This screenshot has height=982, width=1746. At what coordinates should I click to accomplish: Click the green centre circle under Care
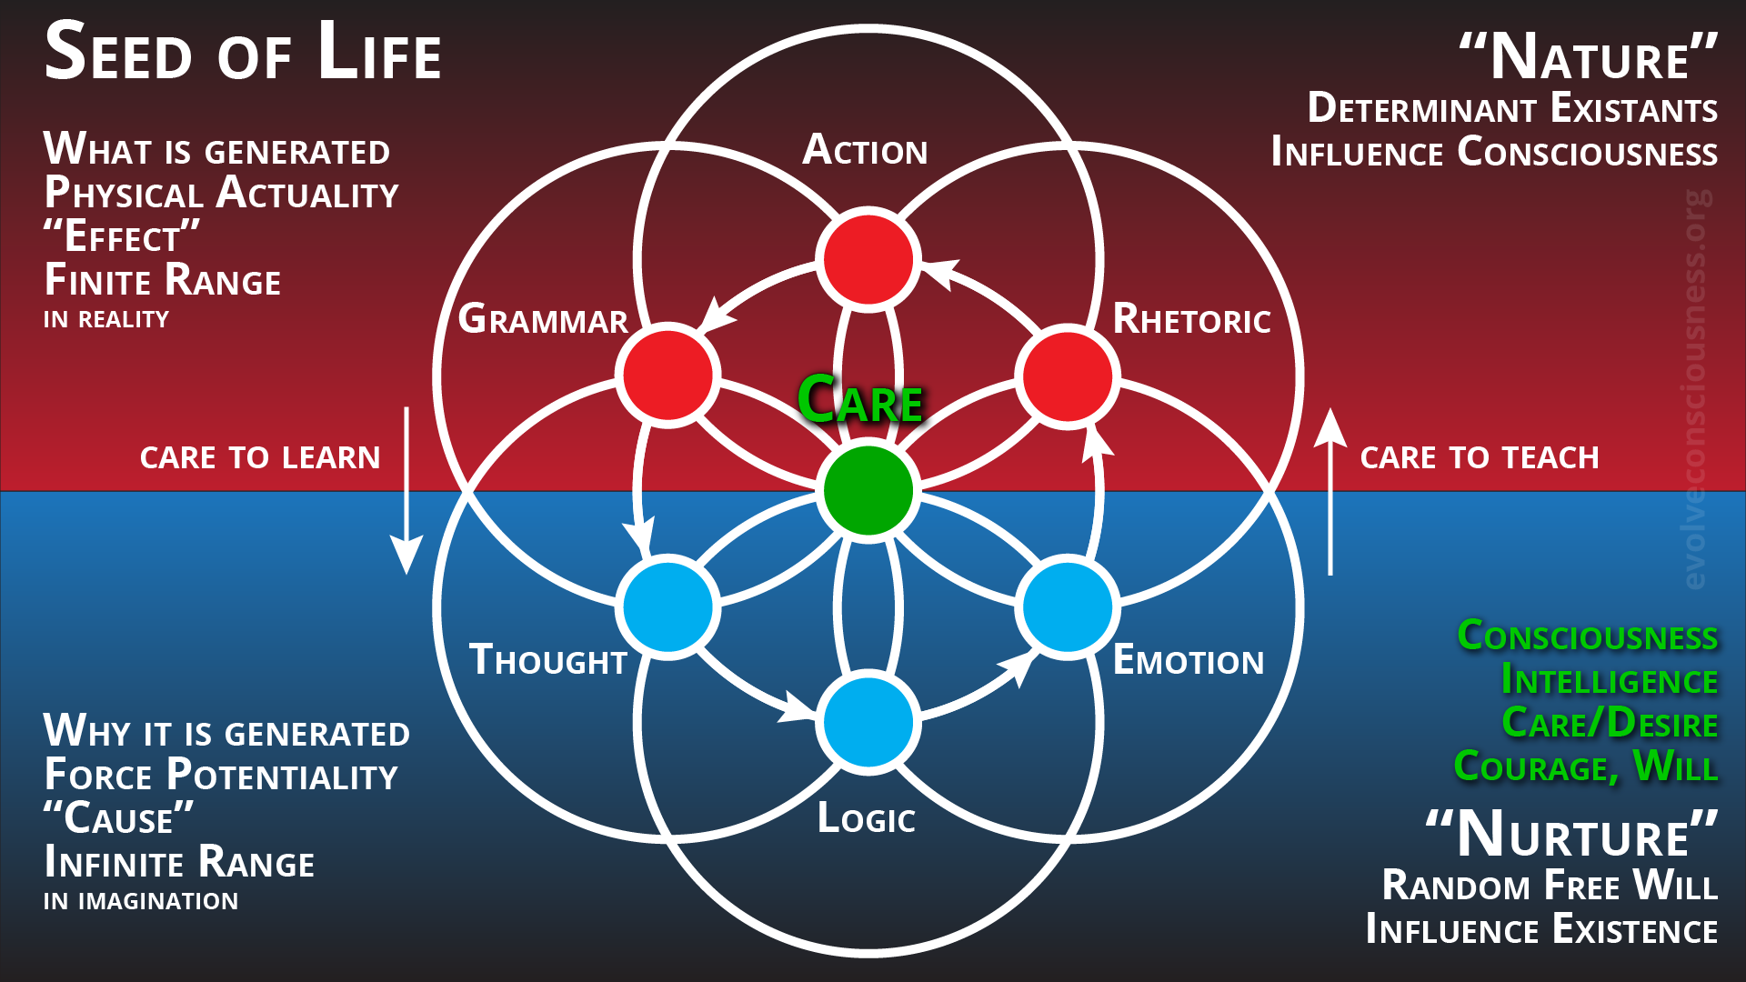coord(868,491)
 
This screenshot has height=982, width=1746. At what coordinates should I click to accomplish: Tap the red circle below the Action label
coord(868,260)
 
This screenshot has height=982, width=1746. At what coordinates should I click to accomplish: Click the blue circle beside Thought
coord(668,606)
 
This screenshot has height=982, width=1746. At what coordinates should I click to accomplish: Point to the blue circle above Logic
coord(868,722)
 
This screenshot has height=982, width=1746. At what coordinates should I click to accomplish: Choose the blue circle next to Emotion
coord(1068,606)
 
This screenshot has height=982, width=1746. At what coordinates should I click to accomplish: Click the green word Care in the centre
coord(860,400)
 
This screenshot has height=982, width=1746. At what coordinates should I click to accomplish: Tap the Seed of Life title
coord(243,53)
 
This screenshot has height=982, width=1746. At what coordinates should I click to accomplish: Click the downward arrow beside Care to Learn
coord(406,491)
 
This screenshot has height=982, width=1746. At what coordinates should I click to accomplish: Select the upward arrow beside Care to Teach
coord(1330,491)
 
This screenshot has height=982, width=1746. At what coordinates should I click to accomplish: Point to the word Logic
coord(866,818)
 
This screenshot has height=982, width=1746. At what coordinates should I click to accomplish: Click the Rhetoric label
coord(1191,319)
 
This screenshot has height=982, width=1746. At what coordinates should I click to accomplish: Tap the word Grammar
coord(543,319)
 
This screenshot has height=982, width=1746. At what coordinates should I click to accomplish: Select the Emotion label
coord(1188,661)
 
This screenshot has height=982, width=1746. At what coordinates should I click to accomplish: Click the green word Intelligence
coord(1609,679)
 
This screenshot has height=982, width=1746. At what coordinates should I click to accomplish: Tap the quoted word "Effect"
coord(122,237)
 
